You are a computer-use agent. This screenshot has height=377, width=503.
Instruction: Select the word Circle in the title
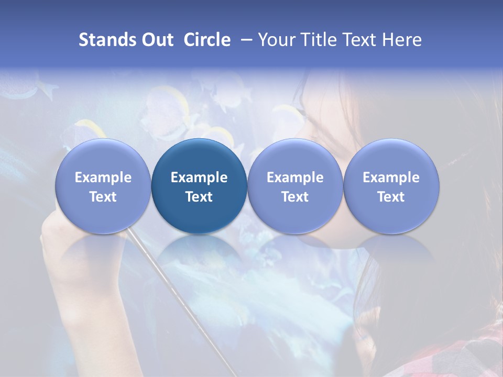tap(207, 40)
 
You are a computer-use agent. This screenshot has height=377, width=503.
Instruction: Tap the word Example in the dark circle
tap(199, 178)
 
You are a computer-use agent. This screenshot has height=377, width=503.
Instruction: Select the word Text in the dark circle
tap(199, 197)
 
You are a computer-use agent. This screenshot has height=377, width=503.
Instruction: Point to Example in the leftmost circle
tap(103, 178)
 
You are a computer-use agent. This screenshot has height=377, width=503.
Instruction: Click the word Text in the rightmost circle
tap(391, 197)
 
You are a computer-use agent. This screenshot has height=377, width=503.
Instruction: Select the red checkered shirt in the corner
tap(477, 351)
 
